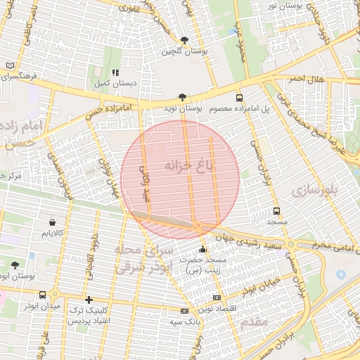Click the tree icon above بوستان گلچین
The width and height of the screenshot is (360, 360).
pyautogui.click(x=184, y=40)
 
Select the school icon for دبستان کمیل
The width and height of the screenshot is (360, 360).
pyautogui.click(x=115, y=72)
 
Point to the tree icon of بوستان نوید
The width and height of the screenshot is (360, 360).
pyautogui.click(x=183, y=97)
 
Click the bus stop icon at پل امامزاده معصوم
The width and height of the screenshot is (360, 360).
pyautogui.click(x=239, y=98)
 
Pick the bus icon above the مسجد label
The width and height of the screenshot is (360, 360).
pyautogui.click(x=276, y=210)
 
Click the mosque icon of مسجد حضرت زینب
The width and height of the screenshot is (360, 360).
pyautogui.click(x=203, y=248)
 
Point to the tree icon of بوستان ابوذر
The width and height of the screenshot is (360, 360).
pyautogui.click(x=15, y=265)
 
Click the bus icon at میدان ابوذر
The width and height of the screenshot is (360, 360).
pyautogui.click(x=43, y=295)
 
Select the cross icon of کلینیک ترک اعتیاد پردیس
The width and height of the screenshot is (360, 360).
pyautogui.click(x=88, y=299)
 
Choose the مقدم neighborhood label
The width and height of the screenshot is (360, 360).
pyautogui.click(x=252, y=323)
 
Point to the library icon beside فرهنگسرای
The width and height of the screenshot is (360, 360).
pyautogui.click(x=9, y=64)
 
